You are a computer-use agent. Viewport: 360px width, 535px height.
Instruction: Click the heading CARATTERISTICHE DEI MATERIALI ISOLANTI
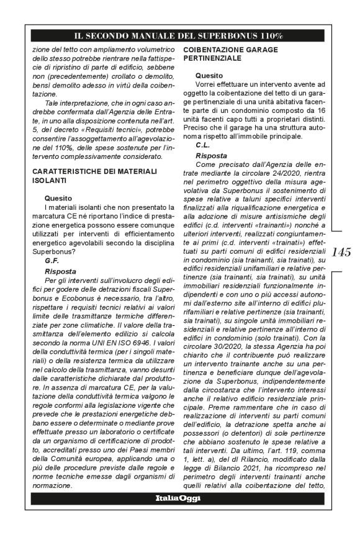87,174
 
